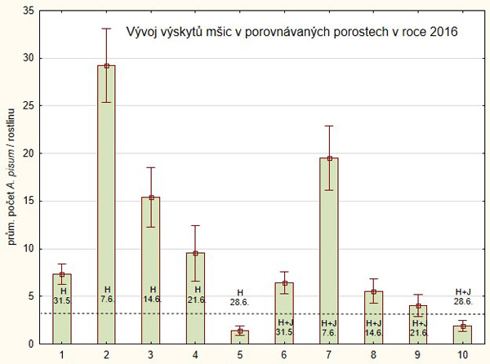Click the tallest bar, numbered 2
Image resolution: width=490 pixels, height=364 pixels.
click(107, 204)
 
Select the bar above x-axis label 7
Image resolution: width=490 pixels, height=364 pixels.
click(328, 245)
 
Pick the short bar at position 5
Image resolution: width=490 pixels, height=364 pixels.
click(240, 337)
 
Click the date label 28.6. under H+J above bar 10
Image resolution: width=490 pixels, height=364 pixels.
click(462, 302)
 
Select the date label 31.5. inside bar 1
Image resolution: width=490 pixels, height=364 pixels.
click(63, 301)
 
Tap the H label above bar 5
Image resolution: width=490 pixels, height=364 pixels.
click(240, 292)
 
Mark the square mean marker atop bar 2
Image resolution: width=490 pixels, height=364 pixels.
click(107, 65)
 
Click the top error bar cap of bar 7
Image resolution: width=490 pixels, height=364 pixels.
click(328, 126)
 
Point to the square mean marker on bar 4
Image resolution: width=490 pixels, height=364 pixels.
click(196, 253)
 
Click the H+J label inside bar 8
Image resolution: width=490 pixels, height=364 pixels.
click(373, 323)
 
